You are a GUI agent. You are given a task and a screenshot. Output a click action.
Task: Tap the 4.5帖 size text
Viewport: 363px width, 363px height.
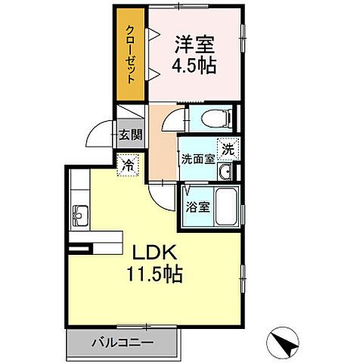[x=196, y=65]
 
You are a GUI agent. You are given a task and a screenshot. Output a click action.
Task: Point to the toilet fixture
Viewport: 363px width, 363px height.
[x=211, y=117]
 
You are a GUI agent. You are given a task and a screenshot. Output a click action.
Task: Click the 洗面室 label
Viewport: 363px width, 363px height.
[x=197, y=159]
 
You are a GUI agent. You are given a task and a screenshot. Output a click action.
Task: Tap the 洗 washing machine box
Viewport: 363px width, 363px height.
[x=227, y=149]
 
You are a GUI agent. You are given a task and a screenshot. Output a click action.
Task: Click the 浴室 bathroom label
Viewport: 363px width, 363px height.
[x=198, y=206]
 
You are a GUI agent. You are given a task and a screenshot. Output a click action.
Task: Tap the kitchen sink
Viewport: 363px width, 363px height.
[x=80, y=216]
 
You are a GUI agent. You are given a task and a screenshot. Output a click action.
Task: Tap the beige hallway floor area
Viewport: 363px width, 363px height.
[x=162, y=147]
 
